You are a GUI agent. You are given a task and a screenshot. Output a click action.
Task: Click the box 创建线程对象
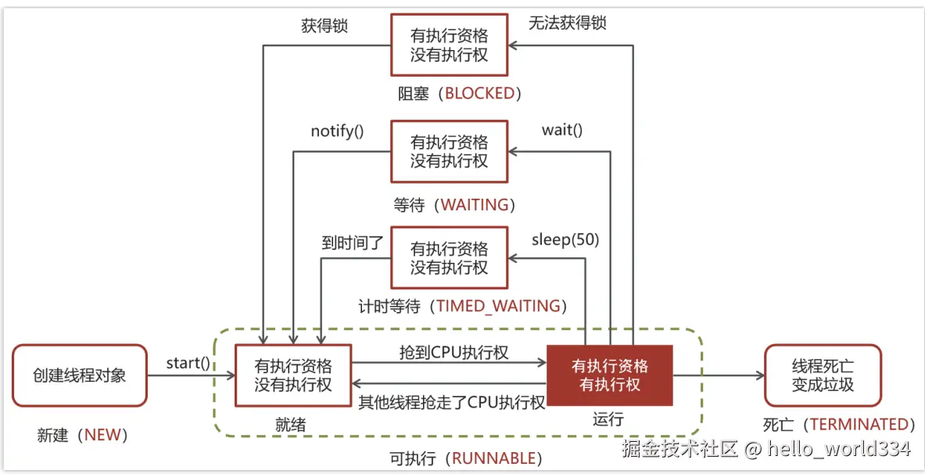[x=80, y=375]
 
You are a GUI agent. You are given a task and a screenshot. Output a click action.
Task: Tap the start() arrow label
[x=188, y=363]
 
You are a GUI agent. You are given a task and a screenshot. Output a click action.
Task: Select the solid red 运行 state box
[x=610, y=375]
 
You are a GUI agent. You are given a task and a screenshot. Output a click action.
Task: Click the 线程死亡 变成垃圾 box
[x=823, y=375]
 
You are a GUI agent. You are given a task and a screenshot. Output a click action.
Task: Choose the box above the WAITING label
[x=449, y=152]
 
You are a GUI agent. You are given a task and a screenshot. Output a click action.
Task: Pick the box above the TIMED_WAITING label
[x=449, y=258]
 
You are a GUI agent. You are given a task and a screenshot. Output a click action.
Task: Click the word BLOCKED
[x=480, y=94]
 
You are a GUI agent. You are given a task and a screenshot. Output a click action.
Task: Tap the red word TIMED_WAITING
[x=499, y=306]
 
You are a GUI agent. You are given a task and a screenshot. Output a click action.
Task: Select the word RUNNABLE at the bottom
[x=495, y=458]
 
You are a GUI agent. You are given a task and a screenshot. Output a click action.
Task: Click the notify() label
[x=337, y=131]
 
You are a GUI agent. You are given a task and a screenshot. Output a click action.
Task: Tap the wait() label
[x=562, y=130]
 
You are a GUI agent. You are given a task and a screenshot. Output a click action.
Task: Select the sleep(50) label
[x=565, y=239]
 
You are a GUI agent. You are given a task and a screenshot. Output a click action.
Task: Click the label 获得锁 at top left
[x=324, y=25]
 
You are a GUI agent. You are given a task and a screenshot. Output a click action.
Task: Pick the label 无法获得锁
[x=567, y=23]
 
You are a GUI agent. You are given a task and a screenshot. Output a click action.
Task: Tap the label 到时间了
[x=353, y=242]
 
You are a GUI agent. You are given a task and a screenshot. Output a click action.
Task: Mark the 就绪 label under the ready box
[x=290, y=424]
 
